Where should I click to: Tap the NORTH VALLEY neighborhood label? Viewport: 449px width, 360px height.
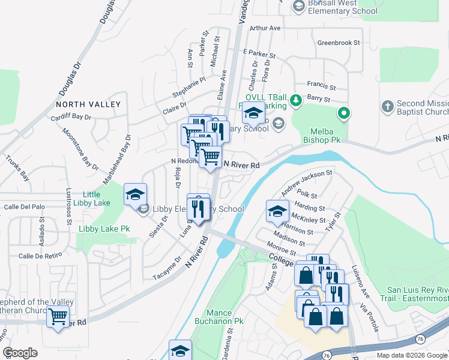point(88,104)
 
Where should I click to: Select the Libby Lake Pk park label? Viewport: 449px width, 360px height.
point(104,229)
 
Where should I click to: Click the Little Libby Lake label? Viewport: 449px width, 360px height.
point(91,199)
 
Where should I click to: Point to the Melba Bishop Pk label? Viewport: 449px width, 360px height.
point(325,135)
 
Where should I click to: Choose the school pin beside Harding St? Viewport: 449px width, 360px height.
point(277,210)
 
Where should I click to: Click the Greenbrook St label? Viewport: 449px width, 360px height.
point(338,43)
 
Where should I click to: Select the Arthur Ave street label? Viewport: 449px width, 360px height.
point(265,28)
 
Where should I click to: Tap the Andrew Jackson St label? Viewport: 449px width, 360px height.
point(307,182)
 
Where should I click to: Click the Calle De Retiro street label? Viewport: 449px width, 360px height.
point(40,256)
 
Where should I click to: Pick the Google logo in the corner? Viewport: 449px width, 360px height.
point(20,353)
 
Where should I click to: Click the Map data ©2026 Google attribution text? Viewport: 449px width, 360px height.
point(412,355)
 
